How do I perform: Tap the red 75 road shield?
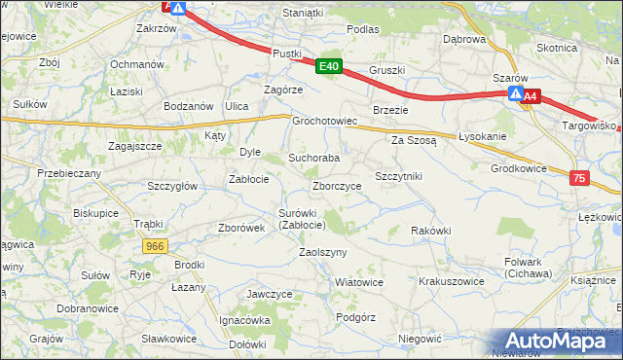580,178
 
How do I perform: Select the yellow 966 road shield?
154,247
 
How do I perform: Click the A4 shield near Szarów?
531,96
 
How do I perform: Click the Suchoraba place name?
313,157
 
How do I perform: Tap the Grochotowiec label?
326,122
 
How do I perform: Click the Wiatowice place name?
358,281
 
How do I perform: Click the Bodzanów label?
189,105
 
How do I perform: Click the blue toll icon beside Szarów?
515,94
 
